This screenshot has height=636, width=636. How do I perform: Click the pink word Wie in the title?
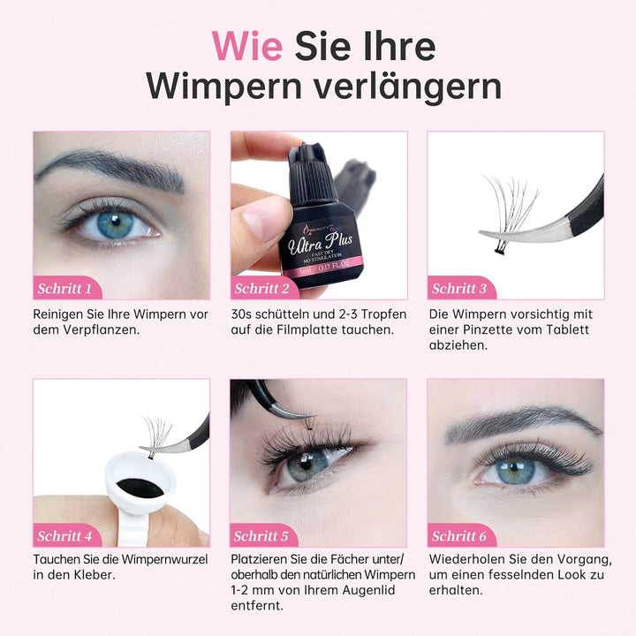(x=247, y=46)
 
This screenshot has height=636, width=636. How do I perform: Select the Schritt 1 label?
(x=64, y=288)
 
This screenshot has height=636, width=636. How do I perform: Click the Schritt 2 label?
(x=261, y=288)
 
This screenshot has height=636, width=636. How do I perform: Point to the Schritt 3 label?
(x=458, y=288)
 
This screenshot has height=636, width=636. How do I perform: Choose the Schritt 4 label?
(x=64, y=536)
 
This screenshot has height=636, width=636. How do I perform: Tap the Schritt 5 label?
(x=261, y=536)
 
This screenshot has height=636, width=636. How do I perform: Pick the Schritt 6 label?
(x=458, y=536)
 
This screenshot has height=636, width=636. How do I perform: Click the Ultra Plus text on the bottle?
(x=320, y=244)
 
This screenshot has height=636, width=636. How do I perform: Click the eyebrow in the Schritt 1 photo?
(x=110, y=170)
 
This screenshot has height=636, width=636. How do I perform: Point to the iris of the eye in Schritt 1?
(x=115, y=224)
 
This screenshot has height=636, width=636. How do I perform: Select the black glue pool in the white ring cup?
(x=140, y=488)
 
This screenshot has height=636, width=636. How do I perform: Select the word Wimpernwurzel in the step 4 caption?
(x=164, y=559)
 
